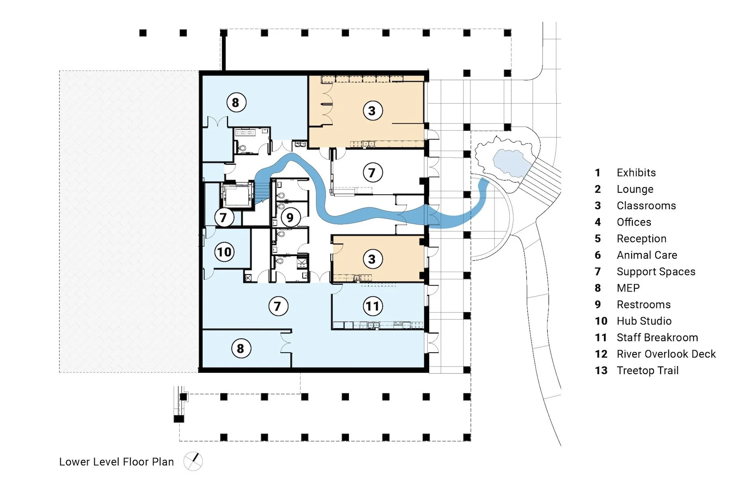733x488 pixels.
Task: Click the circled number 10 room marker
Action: (x=224, y=252)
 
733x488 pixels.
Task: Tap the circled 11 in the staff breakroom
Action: (x=373, y=306)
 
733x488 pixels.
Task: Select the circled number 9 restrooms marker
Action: (x=290, y=218)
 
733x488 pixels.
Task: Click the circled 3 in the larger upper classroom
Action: (x=372, y=111)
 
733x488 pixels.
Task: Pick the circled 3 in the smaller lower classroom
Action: (x=372, y=259)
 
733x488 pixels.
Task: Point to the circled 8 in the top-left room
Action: (x=236, y=102)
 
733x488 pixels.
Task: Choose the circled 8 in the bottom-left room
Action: (x=241, y=349)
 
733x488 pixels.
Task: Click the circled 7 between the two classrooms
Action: (x=372, y=172)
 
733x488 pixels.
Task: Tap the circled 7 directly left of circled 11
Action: (x=278, y=306)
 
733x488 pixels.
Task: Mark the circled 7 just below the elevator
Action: (x=224, y=218)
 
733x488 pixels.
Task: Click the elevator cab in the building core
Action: (x=236, y=196)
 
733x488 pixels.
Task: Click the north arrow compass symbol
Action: (x=193, y=461)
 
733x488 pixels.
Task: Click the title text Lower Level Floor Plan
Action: (x=116, y=462)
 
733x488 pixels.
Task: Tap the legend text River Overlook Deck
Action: (x=666, y=354)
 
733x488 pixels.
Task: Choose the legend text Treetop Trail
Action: (x=647, y=370)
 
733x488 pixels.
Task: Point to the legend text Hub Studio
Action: (x=644, y=321)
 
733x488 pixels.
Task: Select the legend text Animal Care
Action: (x=647, y=255)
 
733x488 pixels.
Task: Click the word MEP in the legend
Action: (x=628, y=288)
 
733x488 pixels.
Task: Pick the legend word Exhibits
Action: (x=636, y=172)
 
